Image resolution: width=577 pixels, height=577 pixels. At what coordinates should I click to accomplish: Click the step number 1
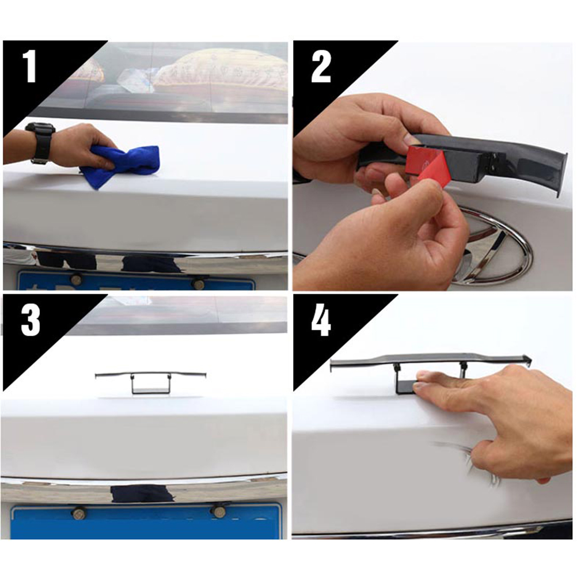30,67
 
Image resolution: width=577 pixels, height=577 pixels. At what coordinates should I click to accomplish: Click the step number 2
321,67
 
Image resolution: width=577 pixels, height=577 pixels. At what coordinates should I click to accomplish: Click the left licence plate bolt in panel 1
76,279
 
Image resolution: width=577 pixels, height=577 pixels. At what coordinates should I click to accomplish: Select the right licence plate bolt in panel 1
199,284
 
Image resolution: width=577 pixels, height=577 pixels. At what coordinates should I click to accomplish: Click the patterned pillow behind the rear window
221,70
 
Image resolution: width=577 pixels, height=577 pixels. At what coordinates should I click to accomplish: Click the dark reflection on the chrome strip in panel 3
142,494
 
